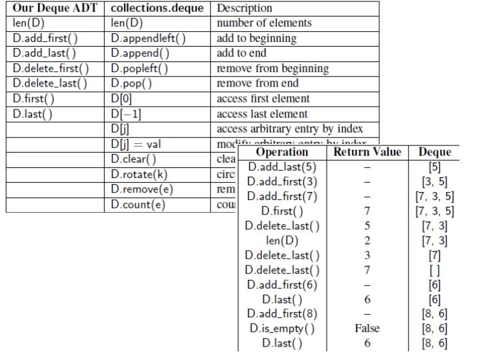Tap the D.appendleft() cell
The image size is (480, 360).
pos(149,38)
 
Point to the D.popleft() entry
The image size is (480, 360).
pos(140,69)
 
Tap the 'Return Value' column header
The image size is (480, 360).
pos(367,152)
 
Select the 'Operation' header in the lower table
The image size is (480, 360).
pos(282,152)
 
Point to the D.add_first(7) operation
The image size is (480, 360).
pos(282,196)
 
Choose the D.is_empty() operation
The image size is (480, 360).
pos(282,328)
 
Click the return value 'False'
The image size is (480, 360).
pos(367,328)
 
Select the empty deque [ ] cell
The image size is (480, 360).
pos(435,269)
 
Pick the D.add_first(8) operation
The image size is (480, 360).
pos(282,313)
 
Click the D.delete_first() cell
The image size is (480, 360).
pos(51,69)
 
